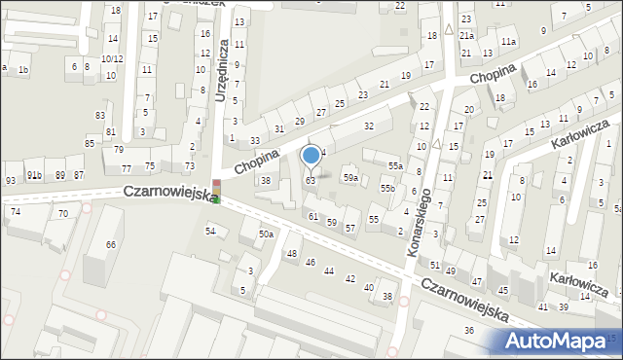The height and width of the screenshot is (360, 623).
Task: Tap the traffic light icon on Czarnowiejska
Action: click(217, 191)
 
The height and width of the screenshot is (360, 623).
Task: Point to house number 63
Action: click(311, 181)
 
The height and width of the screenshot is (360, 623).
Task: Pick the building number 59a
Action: click(350, 178)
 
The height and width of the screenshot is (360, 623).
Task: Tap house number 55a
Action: click(394, 166)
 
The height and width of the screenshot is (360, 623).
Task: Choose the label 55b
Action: click(387, 188)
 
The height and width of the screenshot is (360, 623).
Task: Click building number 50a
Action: click(266, 234)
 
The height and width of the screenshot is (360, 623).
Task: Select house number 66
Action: click(111, 244)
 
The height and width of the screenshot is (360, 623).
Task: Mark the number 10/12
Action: click(112, 59)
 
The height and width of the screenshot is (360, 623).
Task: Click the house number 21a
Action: click(467, 36)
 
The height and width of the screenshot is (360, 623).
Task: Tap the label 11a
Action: click(508, 42)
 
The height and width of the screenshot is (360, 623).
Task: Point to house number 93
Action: click(10, 181)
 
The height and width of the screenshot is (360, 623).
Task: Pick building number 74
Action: click(15, 211)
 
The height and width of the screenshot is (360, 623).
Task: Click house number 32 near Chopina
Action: click(369, 126)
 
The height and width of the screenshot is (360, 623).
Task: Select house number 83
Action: click(99, 115)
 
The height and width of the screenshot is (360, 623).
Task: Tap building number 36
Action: click(468, 331)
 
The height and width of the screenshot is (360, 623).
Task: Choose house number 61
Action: click(313, 216)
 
